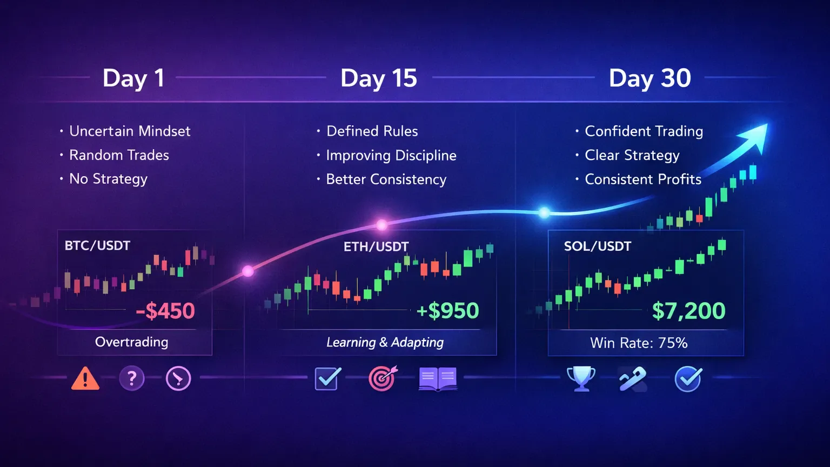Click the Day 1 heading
133,78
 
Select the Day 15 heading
378,78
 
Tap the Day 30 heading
650,78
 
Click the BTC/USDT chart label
97,246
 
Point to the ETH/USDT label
376,247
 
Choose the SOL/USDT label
597,246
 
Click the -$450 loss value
165,311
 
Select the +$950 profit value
448,311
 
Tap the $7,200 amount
688,311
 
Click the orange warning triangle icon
85,378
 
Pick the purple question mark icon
132,378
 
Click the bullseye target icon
382,378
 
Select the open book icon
438,379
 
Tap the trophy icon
581,378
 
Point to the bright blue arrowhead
754,135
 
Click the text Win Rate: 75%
639,343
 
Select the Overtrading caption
131,342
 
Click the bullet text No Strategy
108,179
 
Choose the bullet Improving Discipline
391,156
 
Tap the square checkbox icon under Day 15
327,378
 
